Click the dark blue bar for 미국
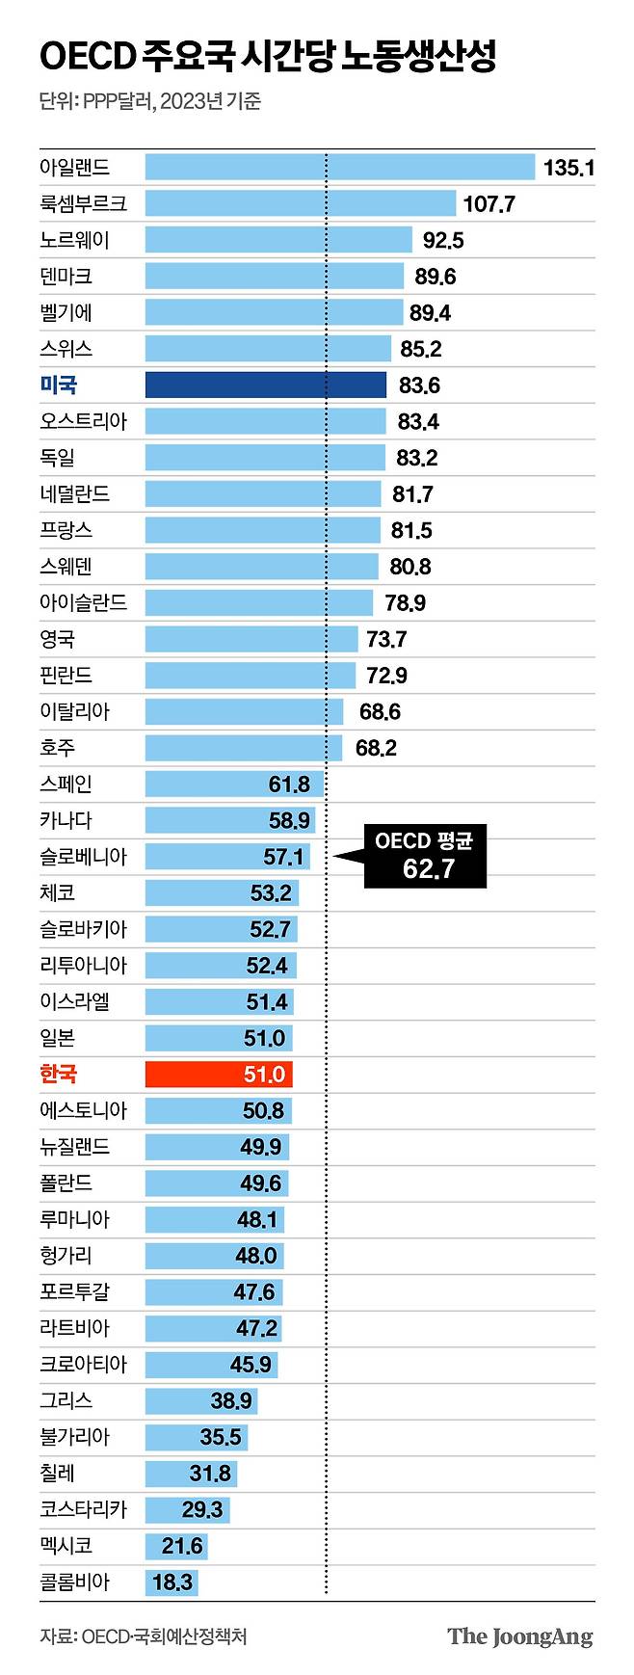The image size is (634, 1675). coord(265,385)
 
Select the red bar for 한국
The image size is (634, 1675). coord(219,1074)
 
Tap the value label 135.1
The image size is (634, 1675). coord(568,168)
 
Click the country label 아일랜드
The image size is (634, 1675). coord(75,168)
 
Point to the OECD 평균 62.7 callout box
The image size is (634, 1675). coord(425,856)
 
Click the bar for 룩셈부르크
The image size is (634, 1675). coord(300,203)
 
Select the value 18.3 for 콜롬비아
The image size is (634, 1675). coord(172,1582)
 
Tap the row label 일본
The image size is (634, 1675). coord(57,1038)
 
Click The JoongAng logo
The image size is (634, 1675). coord(520,1636)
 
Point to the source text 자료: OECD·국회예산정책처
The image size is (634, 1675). coord(144,1636)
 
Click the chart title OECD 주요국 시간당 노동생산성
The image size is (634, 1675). coord(268,57)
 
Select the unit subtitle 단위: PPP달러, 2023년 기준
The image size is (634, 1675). coord(150,101)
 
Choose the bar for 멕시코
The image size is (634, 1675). coord(176,1546)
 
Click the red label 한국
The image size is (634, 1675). coord(58,1074)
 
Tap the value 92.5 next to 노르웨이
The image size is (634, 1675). coord(443,240)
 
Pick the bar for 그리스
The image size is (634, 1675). coord(201,1400)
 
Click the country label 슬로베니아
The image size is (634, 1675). coord(83,857)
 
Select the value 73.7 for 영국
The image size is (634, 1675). coord(386,639)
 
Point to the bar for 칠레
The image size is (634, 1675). coord(191,1473)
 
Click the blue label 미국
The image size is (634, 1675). coord(58,385)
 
